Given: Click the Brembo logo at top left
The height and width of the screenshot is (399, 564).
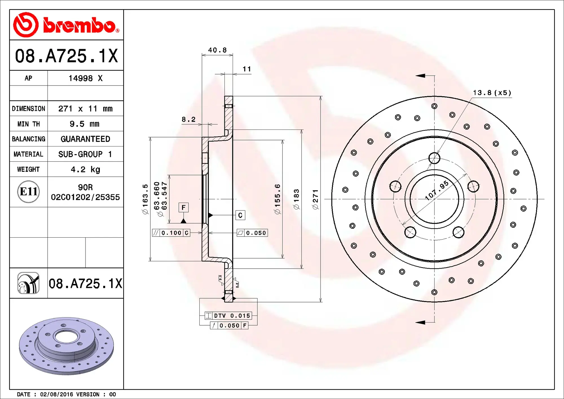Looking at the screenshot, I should [66, 25].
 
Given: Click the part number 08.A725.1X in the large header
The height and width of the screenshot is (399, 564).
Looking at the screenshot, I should [66, 56].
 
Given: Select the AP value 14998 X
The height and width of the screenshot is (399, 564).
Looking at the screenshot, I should [85, 78].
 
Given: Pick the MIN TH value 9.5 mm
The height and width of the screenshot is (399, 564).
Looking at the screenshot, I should [84, 124].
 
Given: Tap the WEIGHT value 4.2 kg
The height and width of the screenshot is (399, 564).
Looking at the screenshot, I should [85, 169].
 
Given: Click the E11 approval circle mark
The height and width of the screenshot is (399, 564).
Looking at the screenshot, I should [28, 192].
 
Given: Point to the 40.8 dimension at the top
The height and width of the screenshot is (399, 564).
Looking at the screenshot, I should [217, 50].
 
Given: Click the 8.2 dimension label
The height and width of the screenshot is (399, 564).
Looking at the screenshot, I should [188, 119].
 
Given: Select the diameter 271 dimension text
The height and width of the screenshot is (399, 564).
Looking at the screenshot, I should [315, 199].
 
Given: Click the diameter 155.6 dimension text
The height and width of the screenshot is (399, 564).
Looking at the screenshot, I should [277, 199].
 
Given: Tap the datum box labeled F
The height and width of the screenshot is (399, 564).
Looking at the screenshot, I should [184, 208].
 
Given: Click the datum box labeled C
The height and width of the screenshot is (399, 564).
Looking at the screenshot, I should [240, 215].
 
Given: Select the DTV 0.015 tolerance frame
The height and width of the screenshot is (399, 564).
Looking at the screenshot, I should [228, 315].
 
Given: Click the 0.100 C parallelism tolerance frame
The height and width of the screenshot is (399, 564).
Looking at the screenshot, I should [171, 233].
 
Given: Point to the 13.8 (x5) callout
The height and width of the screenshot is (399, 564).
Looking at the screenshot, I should [492, 93].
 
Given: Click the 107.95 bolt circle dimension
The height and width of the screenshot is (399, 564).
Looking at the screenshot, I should [437, 190].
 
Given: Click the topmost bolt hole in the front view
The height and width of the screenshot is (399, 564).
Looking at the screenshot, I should [434, 158].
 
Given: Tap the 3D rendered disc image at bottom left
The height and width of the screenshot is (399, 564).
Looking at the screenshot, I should [66, 346].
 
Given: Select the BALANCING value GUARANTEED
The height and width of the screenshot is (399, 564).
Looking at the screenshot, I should [85, 139].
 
